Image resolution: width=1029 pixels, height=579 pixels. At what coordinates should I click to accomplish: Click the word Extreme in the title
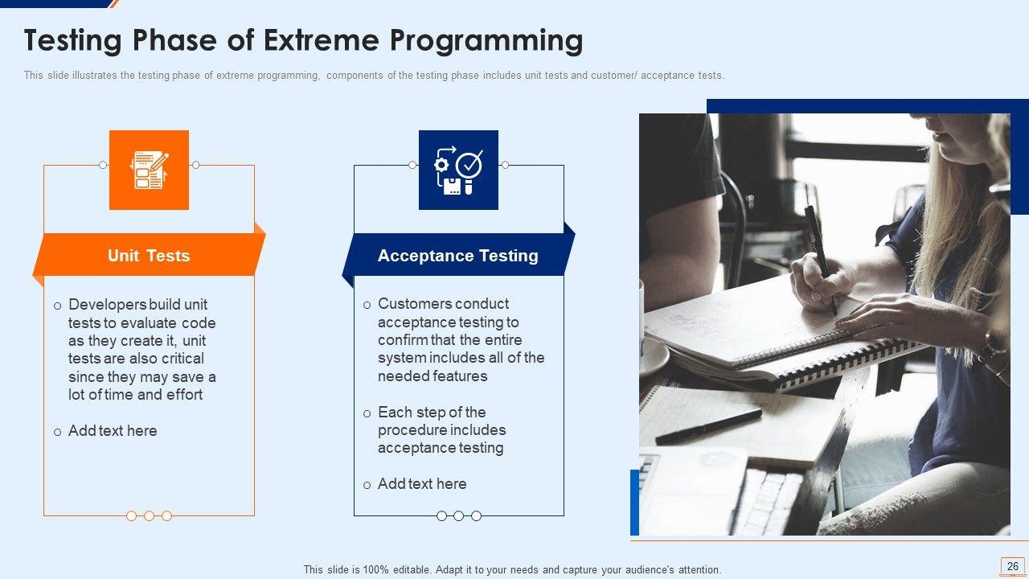321,40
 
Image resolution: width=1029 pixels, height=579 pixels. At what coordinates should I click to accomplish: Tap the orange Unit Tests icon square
149,170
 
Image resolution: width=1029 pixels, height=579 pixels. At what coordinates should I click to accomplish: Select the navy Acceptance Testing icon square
458,170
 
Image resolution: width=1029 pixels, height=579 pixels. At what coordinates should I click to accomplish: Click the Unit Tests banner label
149,256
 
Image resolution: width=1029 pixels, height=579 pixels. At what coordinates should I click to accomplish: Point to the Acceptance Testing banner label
458,256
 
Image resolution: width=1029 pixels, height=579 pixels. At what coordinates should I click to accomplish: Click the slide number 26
1012,566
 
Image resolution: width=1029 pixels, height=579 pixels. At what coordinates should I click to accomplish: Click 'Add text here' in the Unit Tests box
113,431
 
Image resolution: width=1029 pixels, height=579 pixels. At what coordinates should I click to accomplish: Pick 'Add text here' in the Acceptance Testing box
422,484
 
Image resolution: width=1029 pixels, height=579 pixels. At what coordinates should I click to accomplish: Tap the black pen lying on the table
708,427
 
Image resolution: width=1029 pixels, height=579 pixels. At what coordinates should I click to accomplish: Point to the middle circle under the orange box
149,516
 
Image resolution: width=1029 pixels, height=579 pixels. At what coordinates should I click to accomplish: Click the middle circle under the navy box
458,516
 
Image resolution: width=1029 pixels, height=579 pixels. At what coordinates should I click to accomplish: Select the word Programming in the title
486,41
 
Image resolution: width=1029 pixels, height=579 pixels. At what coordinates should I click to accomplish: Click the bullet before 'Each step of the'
367,413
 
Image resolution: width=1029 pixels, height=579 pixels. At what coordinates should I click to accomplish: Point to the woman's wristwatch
992,343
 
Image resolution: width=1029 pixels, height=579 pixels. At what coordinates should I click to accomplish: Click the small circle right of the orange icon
195,165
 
